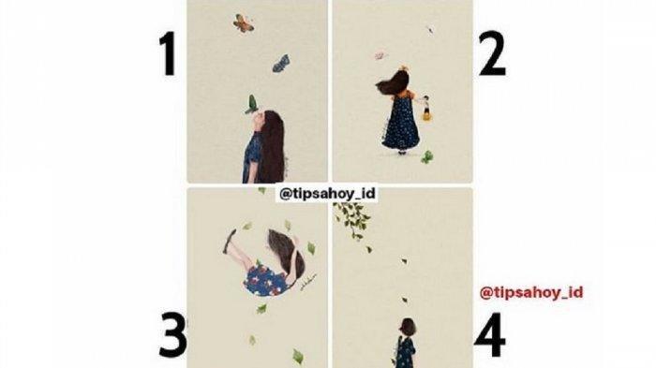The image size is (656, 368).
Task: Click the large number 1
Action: pyautogui.click(x=169, y=55)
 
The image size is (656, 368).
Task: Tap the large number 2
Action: pyautogui.click(x=492, y=55)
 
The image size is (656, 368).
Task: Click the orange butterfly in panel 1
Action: pyautogui.click(x=243, y=23)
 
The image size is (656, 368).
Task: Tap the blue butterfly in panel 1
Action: pyautogui.click(x=281, y=63)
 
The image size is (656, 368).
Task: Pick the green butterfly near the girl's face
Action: pyautogui.click(x=251, y=104)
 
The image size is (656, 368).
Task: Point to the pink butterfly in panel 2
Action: pyautogui.click(x=380, y=55)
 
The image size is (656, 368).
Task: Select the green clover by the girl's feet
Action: pyautogui.click(x=426, y=157)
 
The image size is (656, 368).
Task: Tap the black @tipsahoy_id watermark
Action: pyautogui.click(x=327, y=194)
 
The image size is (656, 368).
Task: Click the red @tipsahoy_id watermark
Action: pyautogui.click(x=531, y=292)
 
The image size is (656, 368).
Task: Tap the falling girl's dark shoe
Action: pyautogui.click(x=230, y=242)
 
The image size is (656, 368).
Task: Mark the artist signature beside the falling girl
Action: pyautogui.click(x=310, y=284)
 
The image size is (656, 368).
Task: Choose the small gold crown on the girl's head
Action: pyautogui.click(x=404, y=66)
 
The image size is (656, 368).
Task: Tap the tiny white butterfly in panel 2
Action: pyautogui.click(x=429, y=29)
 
